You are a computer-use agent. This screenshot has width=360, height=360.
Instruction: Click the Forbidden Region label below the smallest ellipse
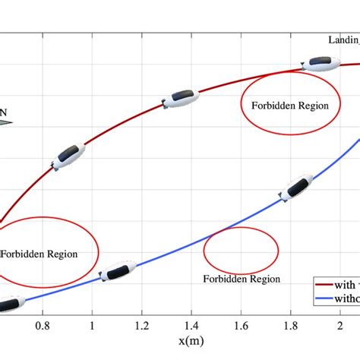click(242, 279)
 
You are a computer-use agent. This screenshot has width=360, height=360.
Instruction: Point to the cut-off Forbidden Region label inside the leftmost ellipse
click(38, 254)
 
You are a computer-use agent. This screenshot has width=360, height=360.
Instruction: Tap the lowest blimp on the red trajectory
click(67, 155)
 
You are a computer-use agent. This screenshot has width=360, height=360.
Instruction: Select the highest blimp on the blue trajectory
click(295, 188)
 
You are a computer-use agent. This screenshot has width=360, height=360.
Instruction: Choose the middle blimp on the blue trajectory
click(117, 271)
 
